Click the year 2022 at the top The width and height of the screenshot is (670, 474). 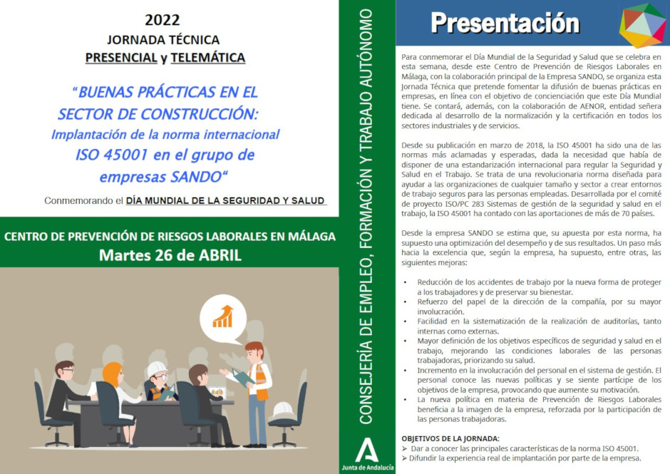tap(163, 20)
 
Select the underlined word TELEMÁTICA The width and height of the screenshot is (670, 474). tap(207, 58)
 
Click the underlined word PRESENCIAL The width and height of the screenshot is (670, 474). tap(121, 58)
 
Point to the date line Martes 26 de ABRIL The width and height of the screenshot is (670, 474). tap(170, 255)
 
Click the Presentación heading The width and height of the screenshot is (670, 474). tap(505, 23)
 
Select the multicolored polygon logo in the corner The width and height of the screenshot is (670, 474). tap(643, 25)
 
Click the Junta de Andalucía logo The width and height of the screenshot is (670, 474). tap(368, 454)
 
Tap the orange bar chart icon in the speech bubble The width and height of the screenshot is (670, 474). tap(222, 316)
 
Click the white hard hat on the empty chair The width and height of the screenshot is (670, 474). tap(283, 409)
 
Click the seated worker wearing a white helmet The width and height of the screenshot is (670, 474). tap(160, 381)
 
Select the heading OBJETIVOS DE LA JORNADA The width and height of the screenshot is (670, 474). tap(450, 438)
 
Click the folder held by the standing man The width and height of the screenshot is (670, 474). tap(243, 378)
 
